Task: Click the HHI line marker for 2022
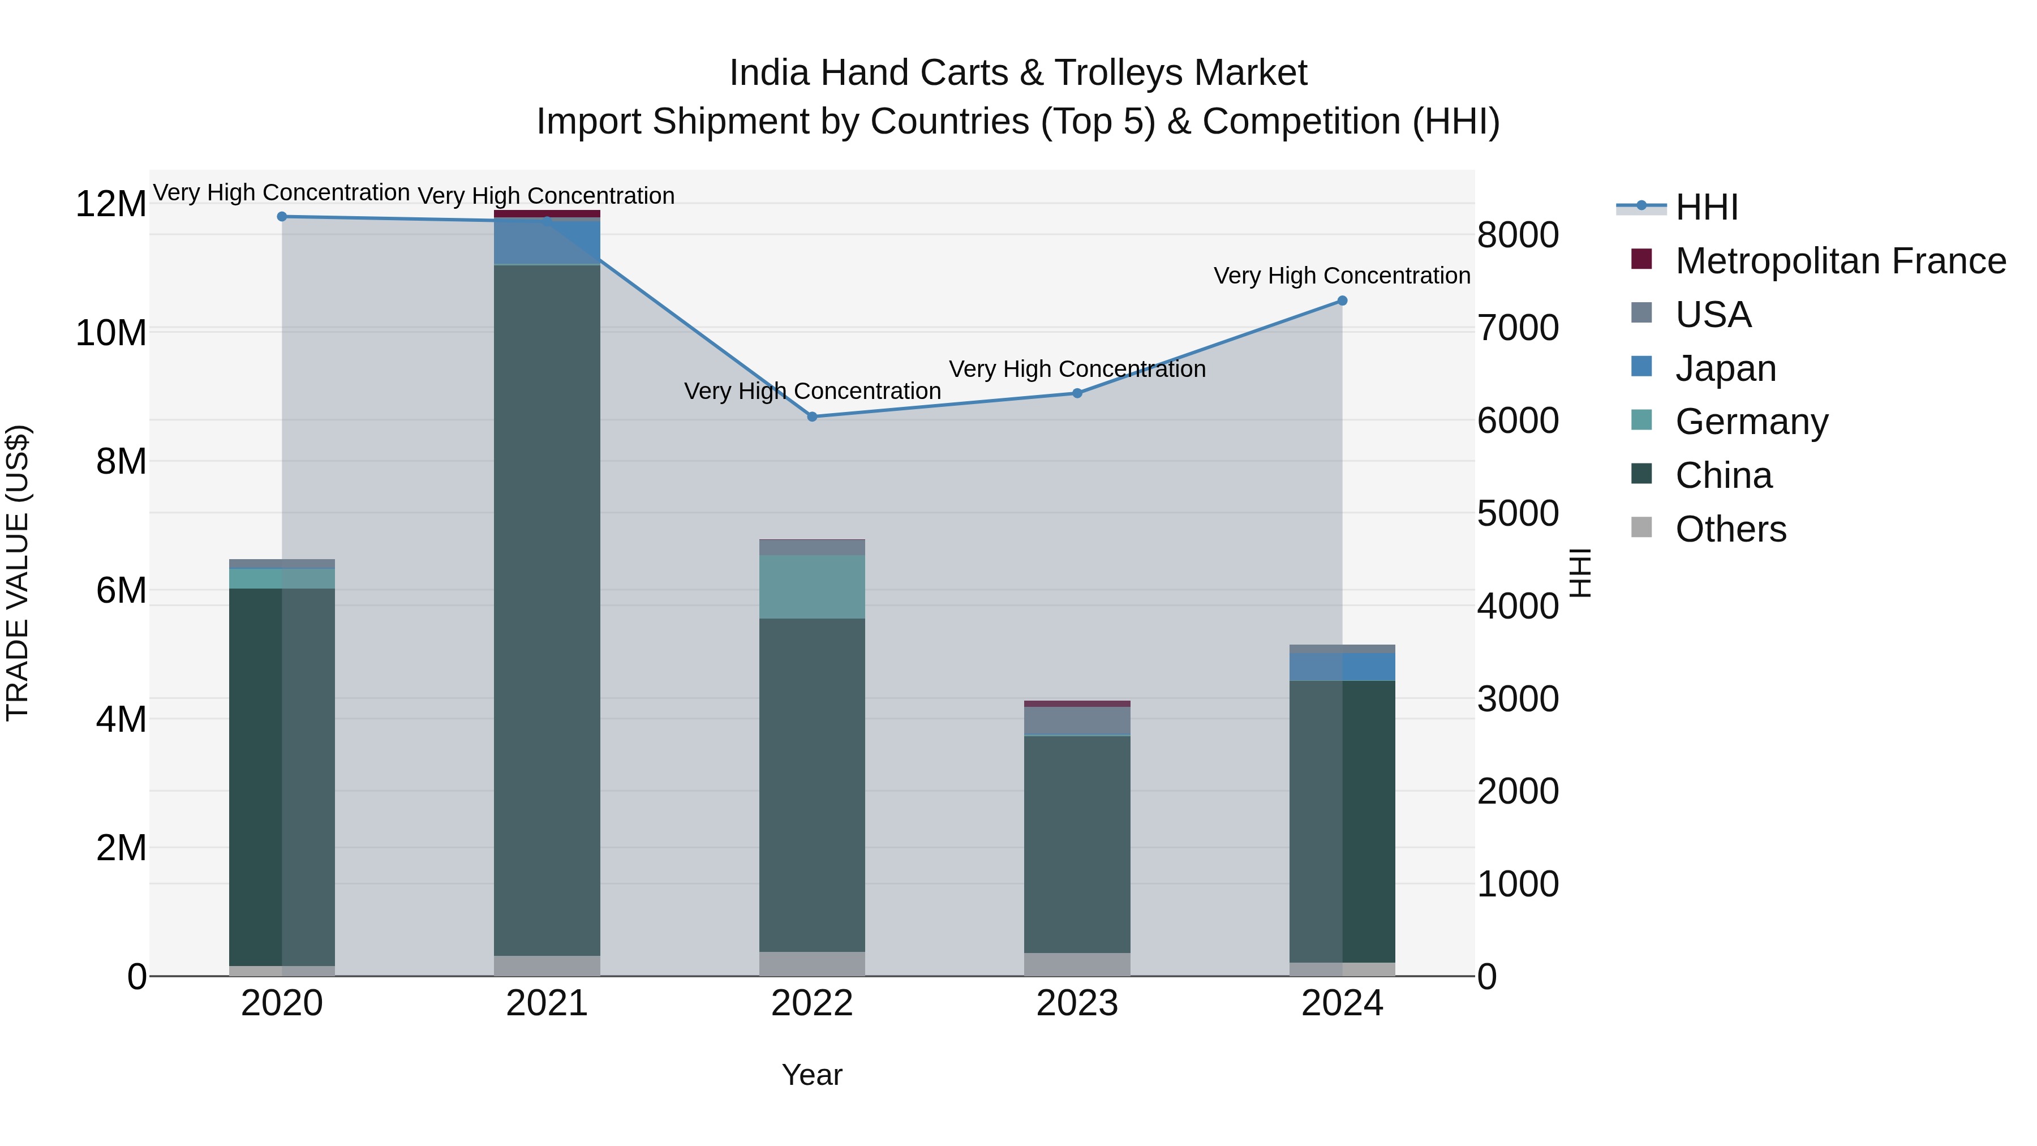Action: tap(812, 417)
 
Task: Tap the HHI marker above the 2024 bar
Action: tap(1342, 301)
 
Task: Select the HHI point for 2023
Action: tap(1077, 393)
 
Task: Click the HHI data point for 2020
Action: tap(282, 217)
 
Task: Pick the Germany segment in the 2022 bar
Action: tap(812, 586)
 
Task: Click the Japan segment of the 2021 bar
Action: tap(547, 242)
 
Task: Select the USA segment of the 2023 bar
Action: tap(1077, 720)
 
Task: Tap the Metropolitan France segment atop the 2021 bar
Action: tap(547, 213)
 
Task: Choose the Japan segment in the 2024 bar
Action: tap(1342, 667)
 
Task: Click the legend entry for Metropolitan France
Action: tap(1840, 261)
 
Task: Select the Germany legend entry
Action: tap(1751, 422)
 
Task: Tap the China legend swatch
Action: tap(1641, 475)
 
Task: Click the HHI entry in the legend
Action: tap(1705, 207)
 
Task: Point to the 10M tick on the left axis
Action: tap(111, 333)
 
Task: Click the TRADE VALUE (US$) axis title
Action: tap(18, 573)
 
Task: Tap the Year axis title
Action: tap(812, 1075)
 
